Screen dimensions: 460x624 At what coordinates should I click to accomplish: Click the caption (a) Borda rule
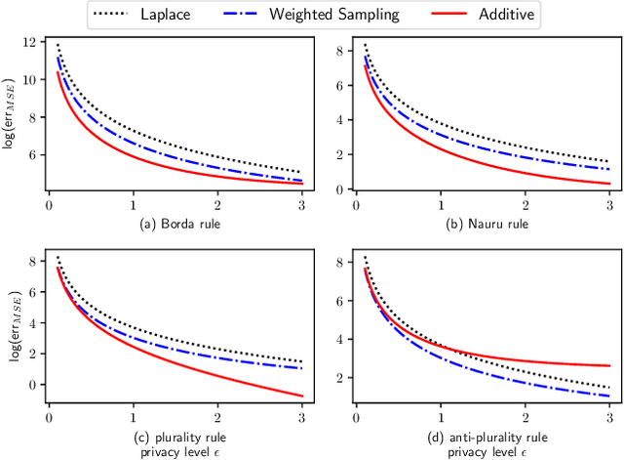(x=175, y=223)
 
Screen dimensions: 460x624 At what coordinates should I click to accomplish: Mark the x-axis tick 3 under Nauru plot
(x=609, y=208)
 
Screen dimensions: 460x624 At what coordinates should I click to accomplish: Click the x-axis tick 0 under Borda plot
(x=49, y=208)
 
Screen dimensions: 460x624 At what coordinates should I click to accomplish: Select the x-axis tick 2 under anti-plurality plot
(x=525, y=419)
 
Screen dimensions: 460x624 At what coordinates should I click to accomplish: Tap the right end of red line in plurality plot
(x=302, y=396)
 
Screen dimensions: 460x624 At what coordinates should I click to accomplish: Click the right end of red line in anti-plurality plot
(x=609, y=365)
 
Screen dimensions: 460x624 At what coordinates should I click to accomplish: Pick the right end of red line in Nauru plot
(x=609, y=184)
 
